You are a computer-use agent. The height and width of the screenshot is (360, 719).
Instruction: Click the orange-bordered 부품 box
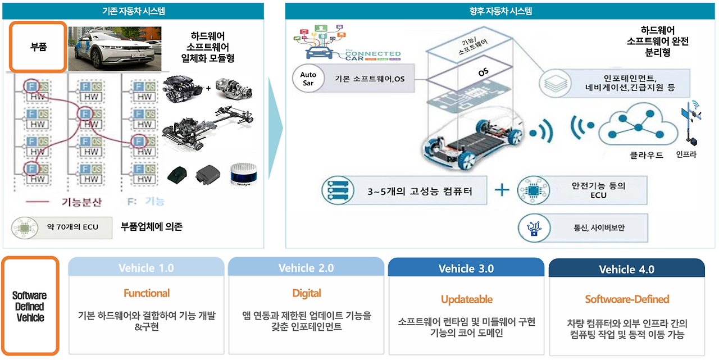38,47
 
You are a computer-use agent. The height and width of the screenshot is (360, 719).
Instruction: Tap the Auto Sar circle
308,78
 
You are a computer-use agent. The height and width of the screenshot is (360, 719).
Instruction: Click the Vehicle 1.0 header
146,268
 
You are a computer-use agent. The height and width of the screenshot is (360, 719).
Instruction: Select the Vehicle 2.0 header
306,268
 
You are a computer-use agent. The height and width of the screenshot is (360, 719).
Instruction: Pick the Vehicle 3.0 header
466,268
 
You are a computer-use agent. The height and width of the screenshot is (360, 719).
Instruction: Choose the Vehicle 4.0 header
626,270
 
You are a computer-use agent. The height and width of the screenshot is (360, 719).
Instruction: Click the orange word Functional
147,293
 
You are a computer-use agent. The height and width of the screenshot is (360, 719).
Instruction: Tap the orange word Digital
307,293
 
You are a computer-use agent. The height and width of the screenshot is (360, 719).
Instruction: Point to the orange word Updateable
467,299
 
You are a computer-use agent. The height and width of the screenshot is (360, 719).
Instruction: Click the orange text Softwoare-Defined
627,299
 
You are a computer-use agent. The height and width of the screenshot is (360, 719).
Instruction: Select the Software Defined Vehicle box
30,306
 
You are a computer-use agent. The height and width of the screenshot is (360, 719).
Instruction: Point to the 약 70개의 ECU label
72,227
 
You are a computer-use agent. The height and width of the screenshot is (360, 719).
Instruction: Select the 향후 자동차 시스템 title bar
500,11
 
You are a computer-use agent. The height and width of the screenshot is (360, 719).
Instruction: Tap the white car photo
115,48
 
